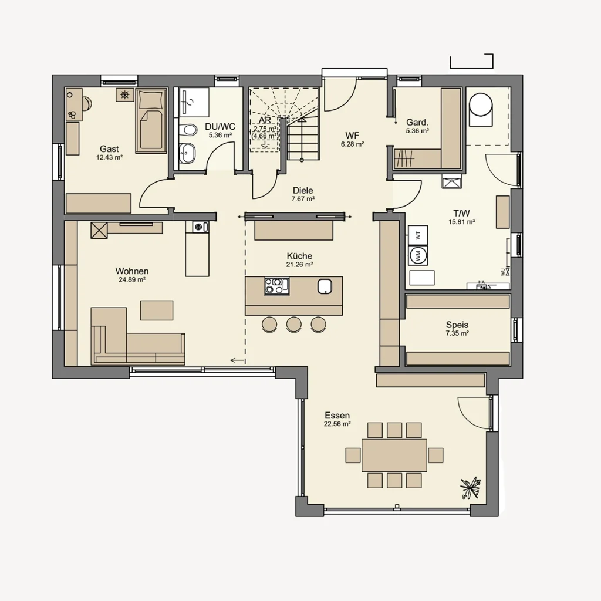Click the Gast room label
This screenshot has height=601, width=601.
click(110, 149)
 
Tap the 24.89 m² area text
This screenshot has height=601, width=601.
click(132, 280)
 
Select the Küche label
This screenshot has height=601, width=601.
click(299, 256)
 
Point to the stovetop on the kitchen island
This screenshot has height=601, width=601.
click(276, 286)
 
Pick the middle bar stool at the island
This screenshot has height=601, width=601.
click(293, 323)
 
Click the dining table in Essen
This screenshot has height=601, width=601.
click(394, 455)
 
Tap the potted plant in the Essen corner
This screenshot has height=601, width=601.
click(471, 487)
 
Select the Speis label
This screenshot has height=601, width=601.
click(457, 325)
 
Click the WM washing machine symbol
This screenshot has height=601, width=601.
click(418, 255)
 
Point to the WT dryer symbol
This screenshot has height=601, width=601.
click(418, 235)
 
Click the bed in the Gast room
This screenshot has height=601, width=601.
click(151, 121)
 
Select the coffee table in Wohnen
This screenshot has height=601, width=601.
click(157, 310)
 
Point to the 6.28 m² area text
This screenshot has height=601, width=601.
click(352, 144)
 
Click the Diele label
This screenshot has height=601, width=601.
click(303, 190)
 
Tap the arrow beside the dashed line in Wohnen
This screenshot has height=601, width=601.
click(237, 360)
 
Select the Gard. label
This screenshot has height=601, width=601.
click(417, 122)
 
